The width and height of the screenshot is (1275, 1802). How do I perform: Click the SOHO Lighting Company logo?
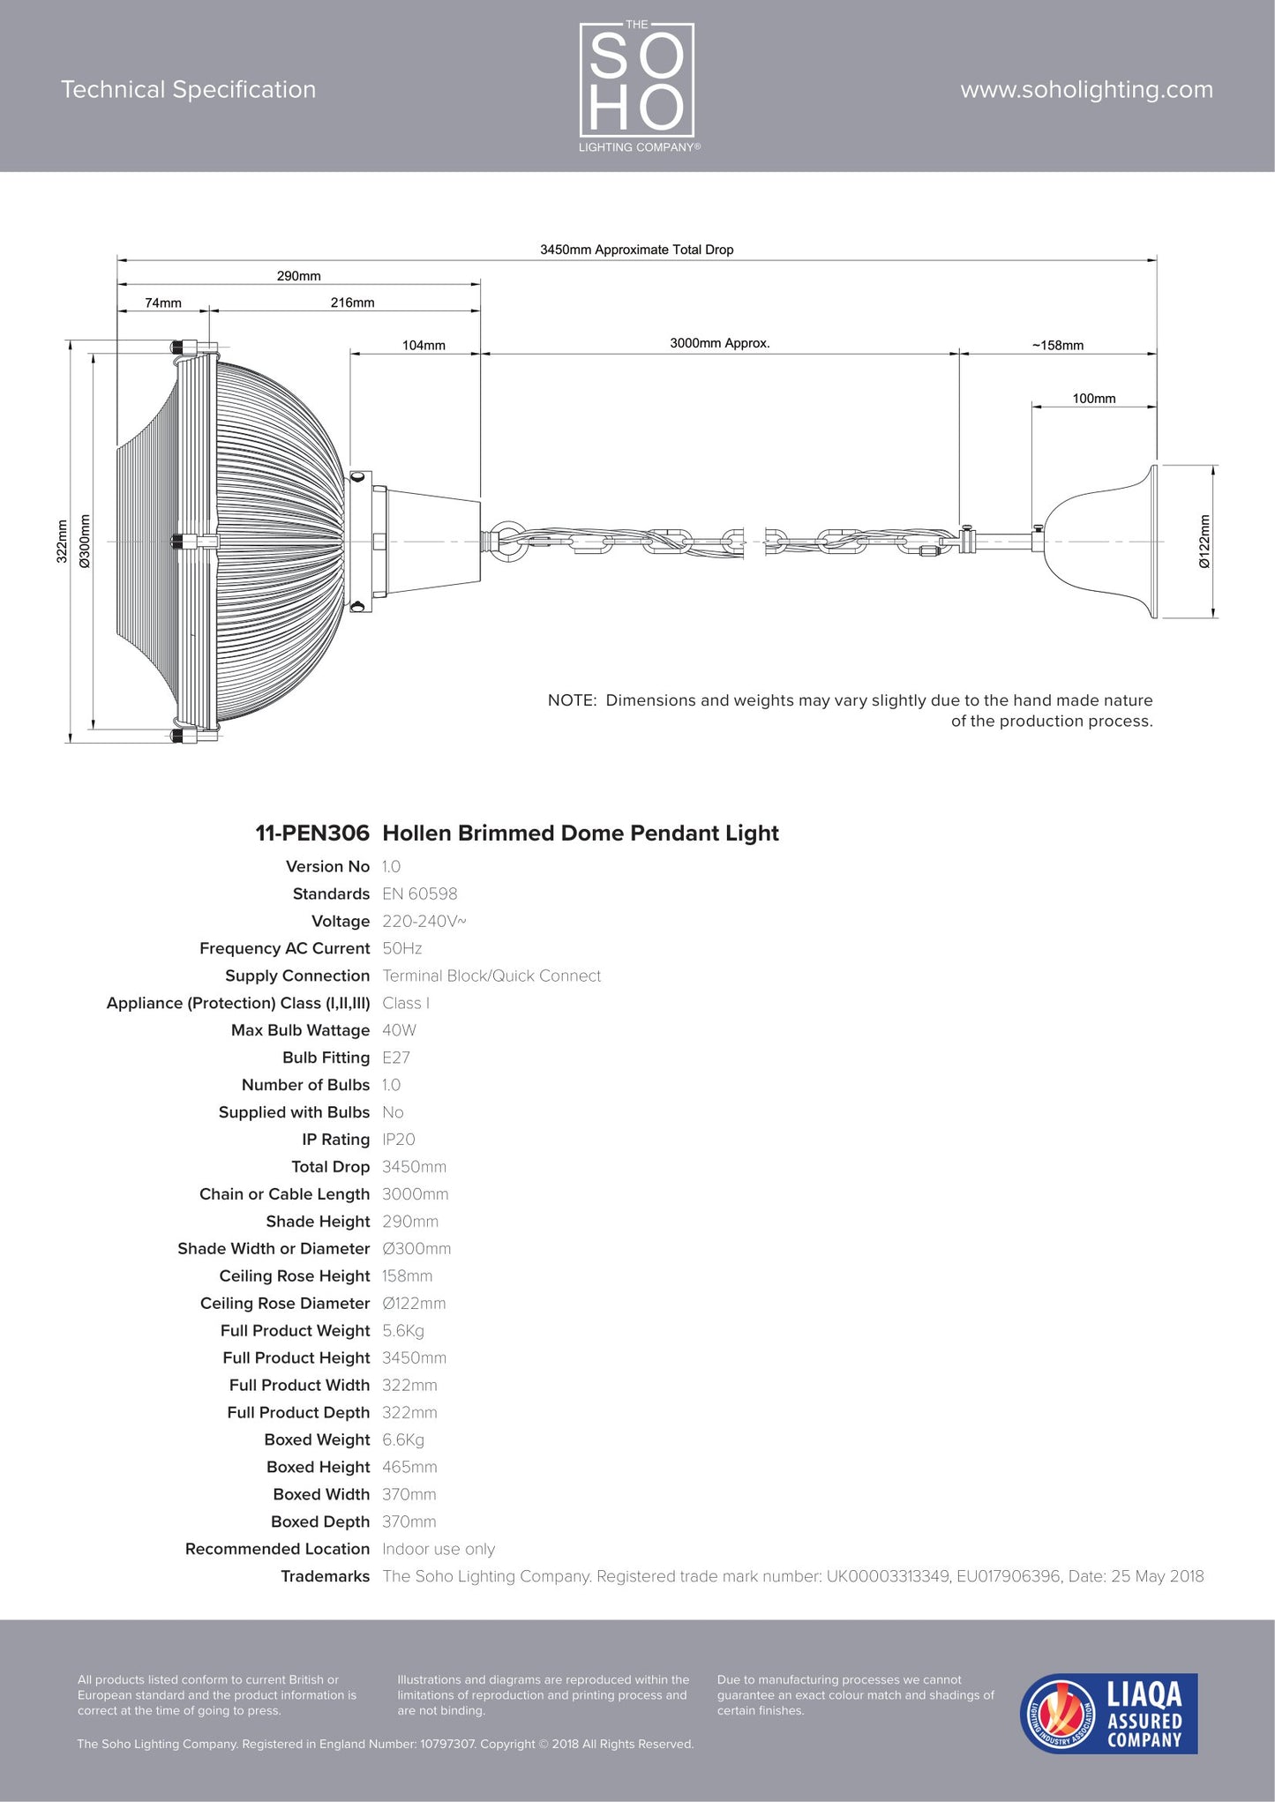tap(637, 86)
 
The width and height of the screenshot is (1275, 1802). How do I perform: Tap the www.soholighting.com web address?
tap(1086, 90)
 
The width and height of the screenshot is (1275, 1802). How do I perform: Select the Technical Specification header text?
tap(188, 90)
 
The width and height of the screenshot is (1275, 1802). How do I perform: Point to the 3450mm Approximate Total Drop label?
tap(636, 250)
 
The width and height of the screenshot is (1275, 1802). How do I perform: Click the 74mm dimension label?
tap(163, 303)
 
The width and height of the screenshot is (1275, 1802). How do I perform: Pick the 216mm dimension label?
tap(352, 303)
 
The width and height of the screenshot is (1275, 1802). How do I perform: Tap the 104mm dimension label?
tap(424, 345)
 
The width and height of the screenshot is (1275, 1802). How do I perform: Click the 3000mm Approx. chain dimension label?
tap(719, 343)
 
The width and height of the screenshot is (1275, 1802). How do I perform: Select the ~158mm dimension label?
tap(1057, 345)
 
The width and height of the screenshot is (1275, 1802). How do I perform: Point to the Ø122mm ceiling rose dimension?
tap(1204, 542)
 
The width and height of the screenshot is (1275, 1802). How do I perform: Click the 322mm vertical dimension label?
tap(62, 542)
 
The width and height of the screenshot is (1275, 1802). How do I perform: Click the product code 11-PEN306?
tap(312, 834)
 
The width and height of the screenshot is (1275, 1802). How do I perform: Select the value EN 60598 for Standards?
tap(419, 894)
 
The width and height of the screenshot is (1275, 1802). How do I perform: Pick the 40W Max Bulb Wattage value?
tap(399, 1030)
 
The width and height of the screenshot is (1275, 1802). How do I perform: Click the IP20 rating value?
tap(398, 1140)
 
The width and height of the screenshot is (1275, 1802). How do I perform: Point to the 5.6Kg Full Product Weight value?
tap(402, 1331)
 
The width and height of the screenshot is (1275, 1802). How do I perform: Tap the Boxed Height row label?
tap(318, 1467)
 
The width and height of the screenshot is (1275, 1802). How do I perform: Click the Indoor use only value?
tap(438, 1549)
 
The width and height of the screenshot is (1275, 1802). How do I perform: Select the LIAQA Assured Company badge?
tap(1108, 1713)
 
